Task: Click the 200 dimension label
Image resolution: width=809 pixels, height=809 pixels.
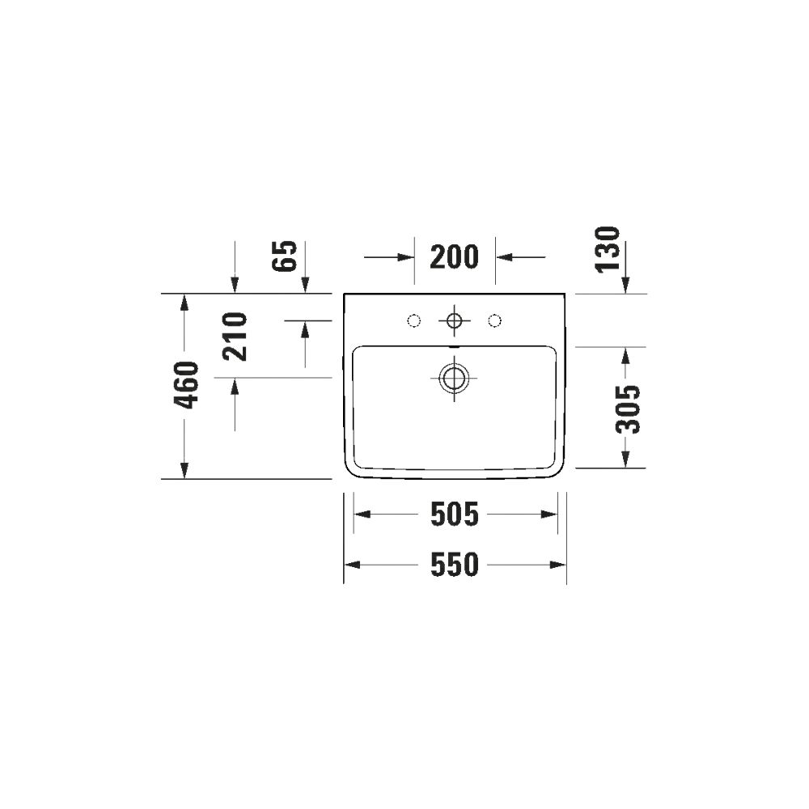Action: click(x=454, y=257)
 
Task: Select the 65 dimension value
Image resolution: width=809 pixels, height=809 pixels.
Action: click(x=285, y=256)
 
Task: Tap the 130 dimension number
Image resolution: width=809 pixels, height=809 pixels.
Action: click(x=608, y=249)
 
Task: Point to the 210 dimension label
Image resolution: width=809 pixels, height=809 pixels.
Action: click(x=235, y=337)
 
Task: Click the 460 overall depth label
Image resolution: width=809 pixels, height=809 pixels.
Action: click(x=186, y=385)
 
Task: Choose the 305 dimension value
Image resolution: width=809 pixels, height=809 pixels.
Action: click(x=628, y=409)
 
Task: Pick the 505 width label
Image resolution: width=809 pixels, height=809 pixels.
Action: click(x=455, y=515)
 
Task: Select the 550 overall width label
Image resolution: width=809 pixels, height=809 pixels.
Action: click(x=455, y=565)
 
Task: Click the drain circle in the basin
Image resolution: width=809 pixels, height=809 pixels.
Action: click(x=454, y=378)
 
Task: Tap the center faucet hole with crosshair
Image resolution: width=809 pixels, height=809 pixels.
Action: click(x=454, y=321)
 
